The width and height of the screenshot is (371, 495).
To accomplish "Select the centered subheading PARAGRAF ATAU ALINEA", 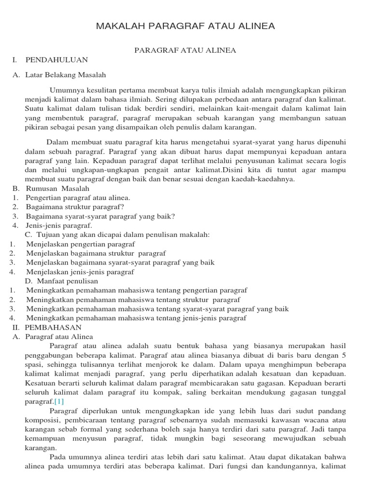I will [185, 50].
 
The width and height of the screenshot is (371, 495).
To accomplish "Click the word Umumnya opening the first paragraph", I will [65, 90].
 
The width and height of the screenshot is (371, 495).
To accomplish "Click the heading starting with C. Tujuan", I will [117, 234].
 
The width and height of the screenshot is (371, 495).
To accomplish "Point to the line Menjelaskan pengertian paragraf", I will [81, 244].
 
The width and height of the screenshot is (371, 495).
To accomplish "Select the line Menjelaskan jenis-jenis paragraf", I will [80, 272].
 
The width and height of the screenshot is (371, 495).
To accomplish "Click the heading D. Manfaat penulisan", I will [61, 281].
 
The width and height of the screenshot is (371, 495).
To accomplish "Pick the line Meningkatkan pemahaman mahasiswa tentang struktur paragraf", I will [133, 300].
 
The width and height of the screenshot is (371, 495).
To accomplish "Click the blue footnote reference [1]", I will [59, 402].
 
